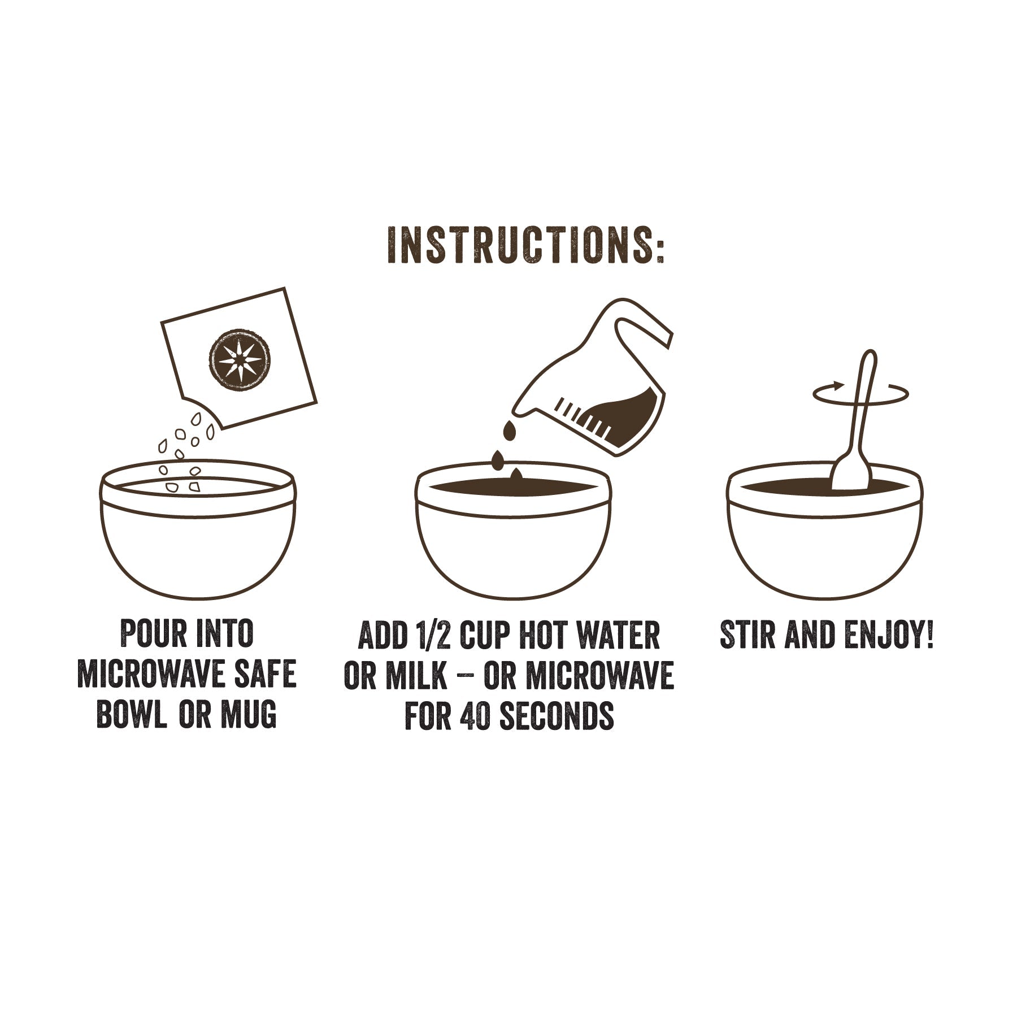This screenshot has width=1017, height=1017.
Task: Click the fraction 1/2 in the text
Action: (433, 636)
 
